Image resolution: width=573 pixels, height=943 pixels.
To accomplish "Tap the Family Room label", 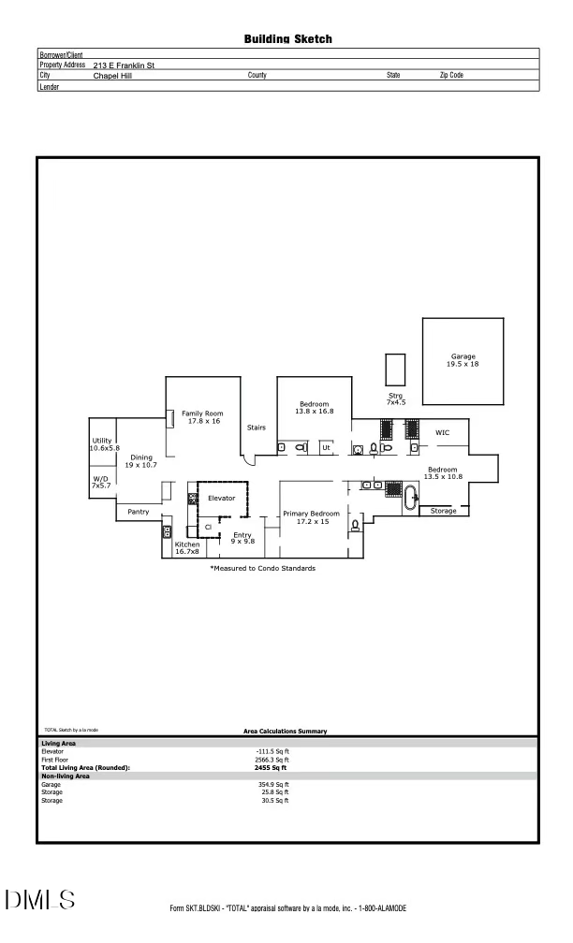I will point(202,417).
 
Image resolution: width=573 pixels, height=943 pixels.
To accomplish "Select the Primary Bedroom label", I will point(311,517).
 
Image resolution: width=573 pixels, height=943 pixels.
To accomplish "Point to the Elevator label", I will point(221,498).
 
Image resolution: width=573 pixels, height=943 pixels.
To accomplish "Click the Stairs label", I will point(257,428).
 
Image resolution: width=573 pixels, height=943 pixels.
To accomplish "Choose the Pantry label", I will point(139,512).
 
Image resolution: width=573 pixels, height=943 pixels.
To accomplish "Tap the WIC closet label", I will point(443,432).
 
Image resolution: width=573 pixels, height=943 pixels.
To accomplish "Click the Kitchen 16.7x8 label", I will point(187,548).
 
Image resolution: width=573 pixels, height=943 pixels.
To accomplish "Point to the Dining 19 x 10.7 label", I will point(140,461).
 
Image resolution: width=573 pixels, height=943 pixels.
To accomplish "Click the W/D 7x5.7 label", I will point(101,482).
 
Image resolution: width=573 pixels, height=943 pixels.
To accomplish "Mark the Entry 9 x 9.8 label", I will point(242,538).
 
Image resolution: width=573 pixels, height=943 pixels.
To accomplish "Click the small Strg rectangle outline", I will point(395,368).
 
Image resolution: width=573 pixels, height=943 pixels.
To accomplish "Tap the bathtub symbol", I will point(412,496).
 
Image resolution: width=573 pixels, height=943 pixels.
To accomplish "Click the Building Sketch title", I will point(287,39).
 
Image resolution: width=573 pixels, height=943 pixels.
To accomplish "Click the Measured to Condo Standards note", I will point(262,568).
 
